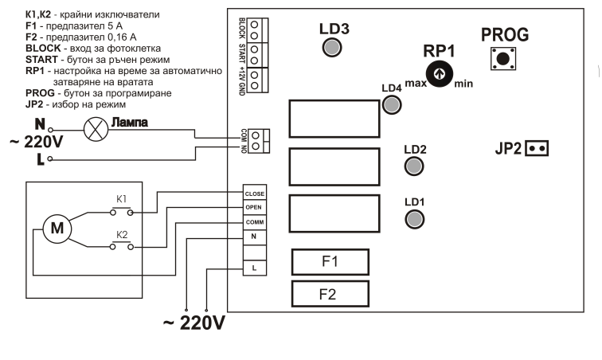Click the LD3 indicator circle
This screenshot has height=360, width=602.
pos(332,48)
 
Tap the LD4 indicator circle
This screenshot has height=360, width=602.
pos(392,104)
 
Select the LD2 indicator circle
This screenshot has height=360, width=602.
pos(414,166)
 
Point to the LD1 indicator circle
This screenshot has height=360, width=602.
pos(415,219)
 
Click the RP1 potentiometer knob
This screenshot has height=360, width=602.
pos(440,73)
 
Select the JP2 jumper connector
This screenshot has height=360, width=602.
pos(537,148)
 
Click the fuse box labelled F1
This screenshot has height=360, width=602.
pos(330,262)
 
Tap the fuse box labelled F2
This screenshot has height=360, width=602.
pos(330,294)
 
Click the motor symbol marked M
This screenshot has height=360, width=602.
pos(57,229)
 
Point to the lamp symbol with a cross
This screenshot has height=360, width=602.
pos(96,130)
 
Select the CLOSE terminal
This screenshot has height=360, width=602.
pos(255,193)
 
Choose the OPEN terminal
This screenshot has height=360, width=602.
pos(255,207)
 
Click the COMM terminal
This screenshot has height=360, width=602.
pos(255,222)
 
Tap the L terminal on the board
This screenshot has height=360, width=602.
pos(255,268)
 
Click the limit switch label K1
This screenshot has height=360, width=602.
pos(121,199)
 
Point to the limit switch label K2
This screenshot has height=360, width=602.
pos(122,235)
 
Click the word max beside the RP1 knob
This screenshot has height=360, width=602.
pos(416,83)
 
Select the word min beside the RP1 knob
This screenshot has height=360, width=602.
pos(463,84)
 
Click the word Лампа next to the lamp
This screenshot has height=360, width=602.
pos(129,122)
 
